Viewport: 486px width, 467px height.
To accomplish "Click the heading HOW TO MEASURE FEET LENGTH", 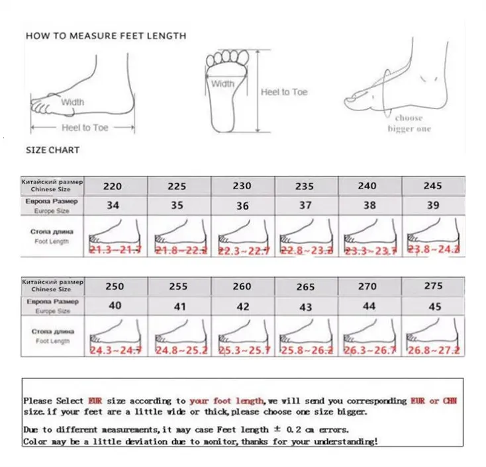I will click(106, 36).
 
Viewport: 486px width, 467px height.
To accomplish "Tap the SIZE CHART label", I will click(52, 150).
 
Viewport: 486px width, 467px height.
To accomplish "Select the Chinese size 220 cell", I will click(113, 186).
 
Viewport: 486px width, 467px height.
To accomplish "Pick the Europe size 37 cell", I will click(305, 205).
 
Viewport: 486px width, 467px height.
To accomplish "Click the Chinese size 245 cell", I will click(432, 186).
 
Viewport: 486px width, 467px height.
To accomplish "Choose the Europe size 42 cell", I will click(242, 306).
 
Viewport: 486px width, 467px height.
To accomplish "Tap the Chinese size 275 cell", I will click(432, 286).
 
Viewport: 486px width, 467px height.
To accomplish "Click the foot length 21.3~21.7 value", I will click(115, 249).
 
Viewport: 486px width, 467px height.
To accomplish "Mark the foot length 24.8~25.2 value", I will click(179, 350).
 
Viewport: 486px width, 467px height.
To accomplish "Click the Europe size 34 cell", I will click(113, 205).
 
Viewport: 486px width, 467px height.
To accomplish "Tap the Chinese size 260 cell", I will click(242, 286).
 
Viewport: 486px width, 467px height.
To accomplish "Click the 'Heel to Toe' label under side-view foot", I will click(85, 127).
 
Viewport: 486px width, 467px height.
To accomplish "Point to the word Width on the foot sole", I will click(223, 84).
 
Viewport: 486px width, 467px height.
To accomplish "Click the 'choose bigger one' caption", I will click(409, 123).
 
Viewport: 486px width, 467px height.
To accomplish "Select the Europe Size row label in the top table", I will click(52, 206).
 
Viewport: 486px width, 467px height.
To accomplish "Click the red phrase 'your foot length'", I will click(226, 401).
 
